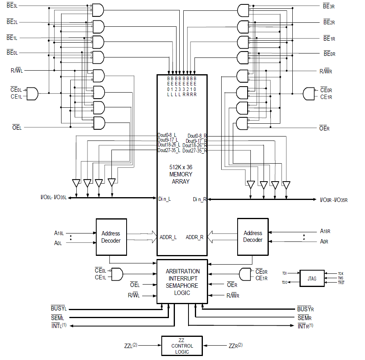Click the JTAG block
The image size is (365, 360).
(x=312, y=278)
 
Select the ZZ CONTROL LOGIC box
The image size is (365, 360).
(x=182, y=346)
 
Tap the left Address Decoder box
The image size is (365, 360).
(x=111, y=237)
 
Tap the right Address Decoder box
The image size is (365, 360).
(x=253, y=237)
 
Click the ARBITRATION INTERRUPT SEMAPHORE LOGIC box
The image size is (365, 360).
(x=182, y=282)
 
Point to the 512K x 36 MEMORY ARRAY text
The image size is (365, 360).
(x=181, y=174)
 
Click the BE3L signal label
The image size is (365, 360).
(x=12, y=7)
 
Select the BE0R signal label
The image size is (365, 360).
(x=329, y=53)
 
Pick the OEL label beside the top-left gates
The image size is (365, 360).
(x=17, y=127)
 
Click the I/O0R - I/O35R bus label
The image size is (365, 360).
(x=333, y=199)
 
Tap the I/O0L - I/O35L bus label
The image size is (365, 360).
(x=53, y=198)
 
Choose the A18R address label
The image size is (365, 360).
(x=325, y=231)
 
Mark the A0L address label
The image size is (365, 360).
(x=58, y=243)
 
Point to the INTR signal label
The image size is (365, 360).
(x=305, y=326)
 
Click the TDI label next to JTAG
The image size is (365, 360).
(x=284, y=273)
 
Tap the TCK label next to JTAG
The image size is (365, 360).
(x=340, y=273)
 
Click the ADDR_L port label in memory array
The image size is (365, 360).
(x=168, y=237)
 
